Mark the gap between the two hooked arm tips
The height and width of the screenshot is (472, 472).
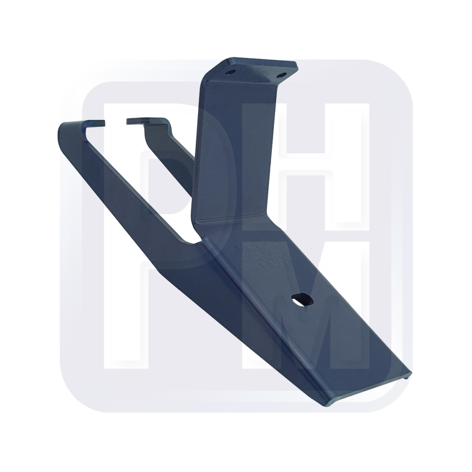[115, 122]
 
